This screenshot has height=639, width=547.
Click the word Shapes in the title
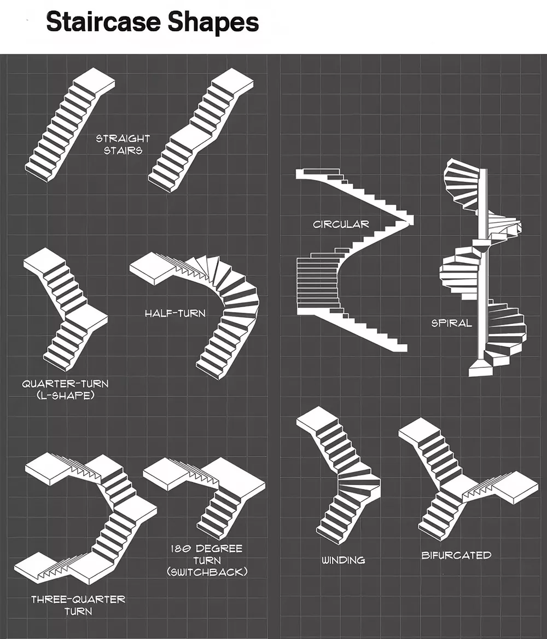pos(213,23)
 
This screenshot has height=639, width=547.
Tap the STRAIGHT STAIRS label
pos(123,144)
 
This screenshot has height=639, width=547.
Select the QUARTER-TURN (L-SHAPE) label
pos(65,389)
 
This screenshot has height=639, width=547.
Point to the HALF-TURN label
pos(176,313)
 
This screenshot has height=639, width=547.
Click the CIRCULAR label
pos(341,224)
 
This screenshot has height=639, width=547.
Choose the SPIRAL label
pos(452,323)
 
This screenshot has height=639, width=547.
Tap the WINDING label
pos(343,560)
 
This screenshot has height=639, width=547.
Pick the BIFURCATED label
pos(456,555)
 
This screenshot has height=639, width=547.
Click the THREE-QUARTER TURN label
pos(78,605)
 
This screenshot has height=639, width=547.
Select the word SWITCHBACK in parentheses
pos(207,572)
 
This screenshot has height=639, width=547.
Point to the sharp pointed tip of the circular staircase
pos(412,220)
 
